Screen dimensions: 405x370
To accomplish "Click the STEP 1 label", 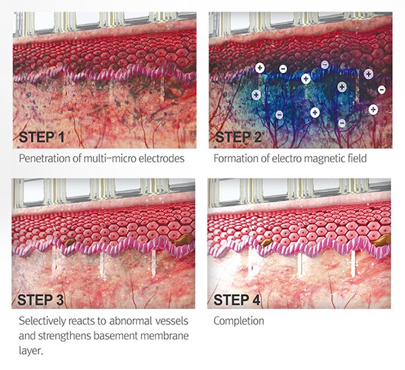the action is click(x=41, y=137).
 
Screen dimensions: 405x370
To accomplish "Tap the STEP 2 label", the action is click(x=238, y=137).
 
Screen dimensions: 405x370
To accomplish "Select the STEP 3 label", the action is click(x=40, y=300).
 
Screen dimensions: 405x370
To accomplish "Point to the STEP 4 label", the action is click(x=237, y=300).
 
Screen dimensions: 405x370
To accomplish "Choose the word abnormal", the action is click(x=130, y=321).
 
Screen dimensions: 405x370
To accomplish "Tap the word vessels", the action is click(x=171, y=321).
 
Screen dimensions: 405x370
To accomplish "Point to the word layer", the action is click(x=30, y=351).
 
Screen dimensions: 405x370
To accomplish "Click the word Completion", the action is click(x=239, y=321).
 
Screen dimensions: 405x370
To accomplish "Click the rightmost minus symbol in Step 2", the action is click(x=381, y=89).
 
